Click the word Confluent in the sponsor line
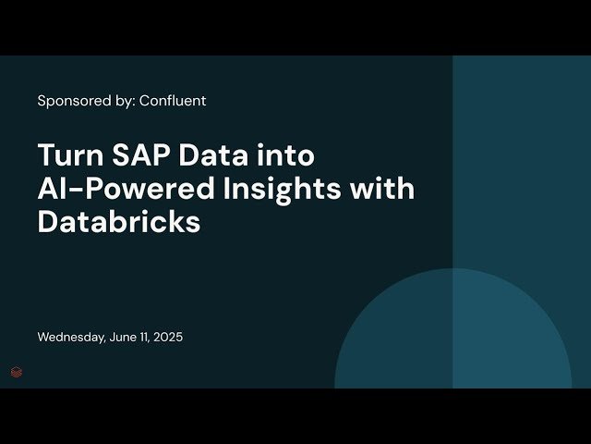(x=173, y=101)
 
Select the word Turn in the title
(x=66, y=154)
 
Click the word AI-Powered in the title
(x=120, y=188)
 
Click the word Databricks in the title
(x=118, y=222)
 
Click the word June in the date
(x=124, y=338)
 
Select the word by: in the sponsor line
(x=123, y=101)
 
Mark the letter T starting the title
(x=45, y=154)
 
